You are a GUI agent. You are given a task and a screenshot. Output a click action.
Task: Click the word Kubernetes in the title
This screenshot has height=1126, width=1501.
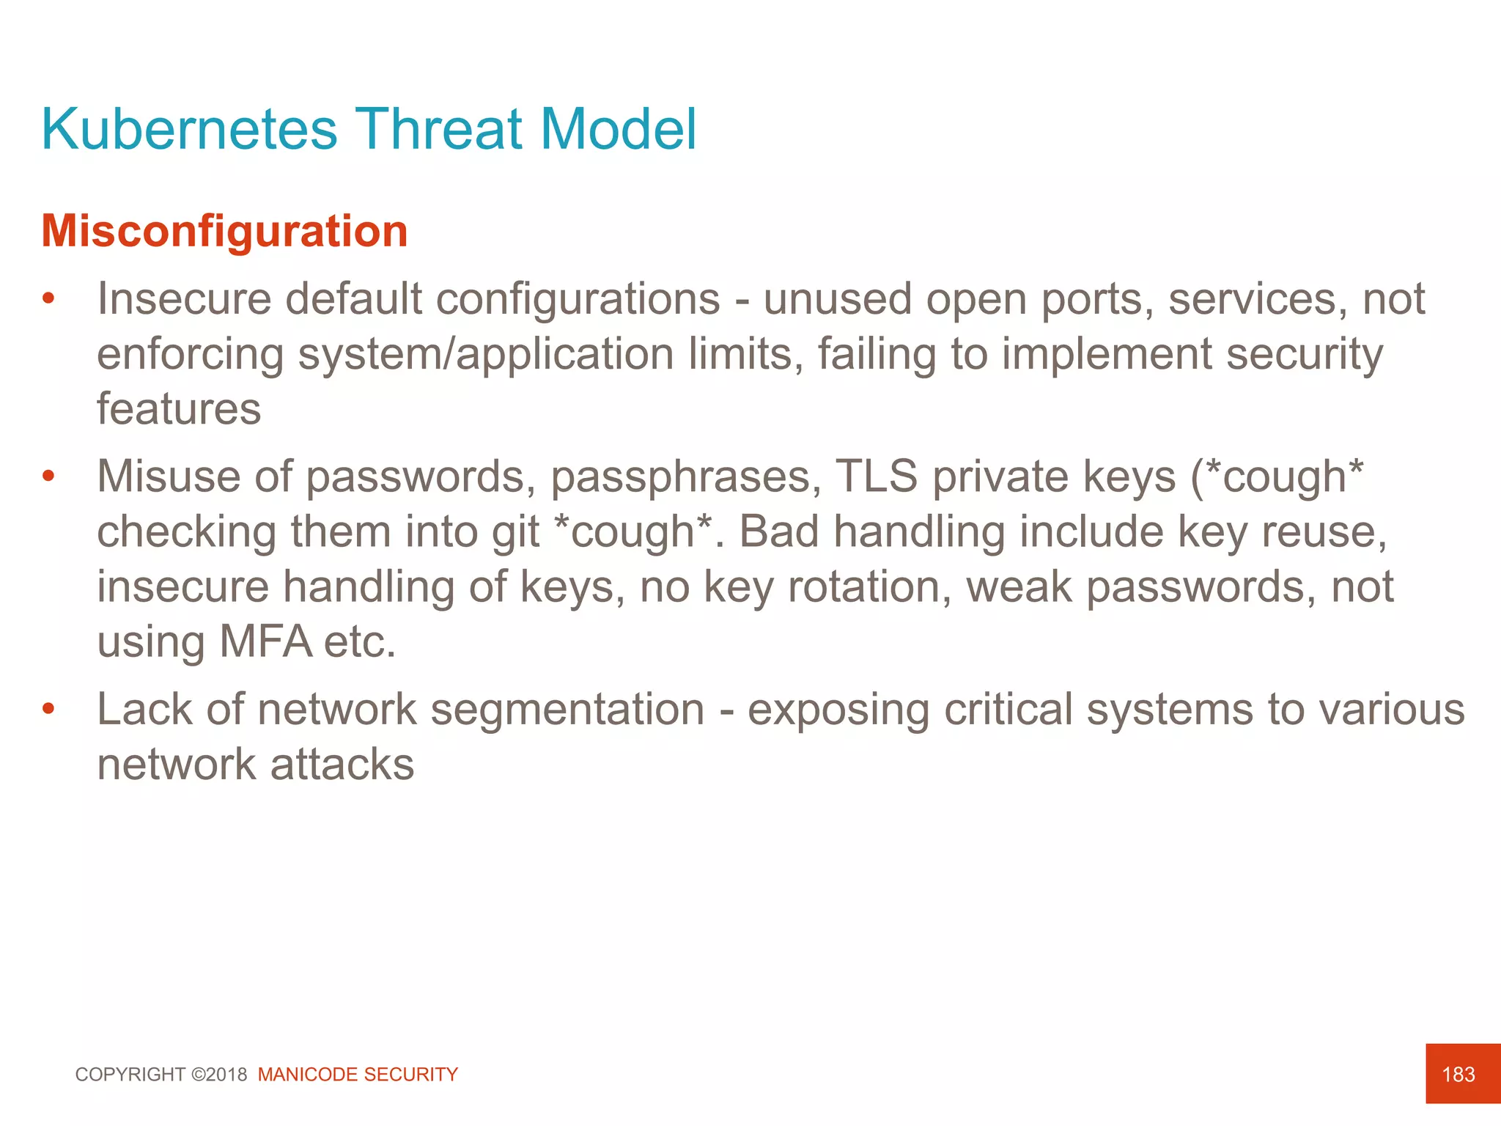pyautogui.click(x=189, y=129)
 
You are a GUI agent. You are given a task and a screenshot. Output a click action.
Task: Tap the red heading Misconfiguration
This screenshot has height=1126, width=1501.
pyautogui.click(x=224, y=231)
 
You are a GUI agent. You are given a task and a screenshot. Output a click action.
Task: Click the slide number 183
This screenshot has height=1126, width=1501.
pyautogui.click(x=1458, y=1075)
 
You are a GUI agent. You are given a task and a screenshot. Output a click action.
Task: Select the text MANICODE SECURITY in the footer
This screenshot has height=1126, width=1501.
pyautogui.click(x=358, y=1075)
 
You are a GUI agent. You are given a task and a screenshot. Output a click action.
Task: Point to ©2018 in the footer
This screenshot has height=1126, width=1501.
pyautogui.click(x=219, y=1075)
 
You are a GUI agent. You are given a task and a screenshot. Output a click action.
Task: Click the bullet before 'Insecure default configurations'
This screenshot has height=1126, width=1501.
pyautogui.click(x=48, y=299)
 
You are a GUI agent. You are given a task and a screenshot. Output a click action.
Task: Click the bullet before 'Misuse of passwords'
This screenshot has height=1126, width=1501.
pyautogui.click(x=48, y=476)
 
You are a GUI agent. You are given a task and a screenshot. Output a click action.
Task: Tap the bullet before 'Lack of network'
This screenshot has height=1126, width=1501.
pyautogui.click(x=48, y=709)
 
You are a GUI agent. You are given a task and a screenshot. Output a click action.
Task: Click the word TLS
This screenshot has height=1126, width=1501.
pyautogui.click(x=876, y=476)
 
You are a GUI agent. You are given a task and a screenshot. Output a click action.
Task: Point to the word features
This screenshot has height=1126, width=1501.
pyautogui.click(x=179, y=409)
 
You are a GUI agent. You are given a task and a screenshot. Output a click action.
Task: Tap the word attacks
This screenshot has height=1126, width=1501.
pyautogui.click(x=342, y=764)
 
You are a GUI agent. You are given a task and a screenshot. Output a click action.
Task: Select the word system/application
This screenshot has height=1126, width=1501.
pyautogui.click(x=486, y=354)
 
